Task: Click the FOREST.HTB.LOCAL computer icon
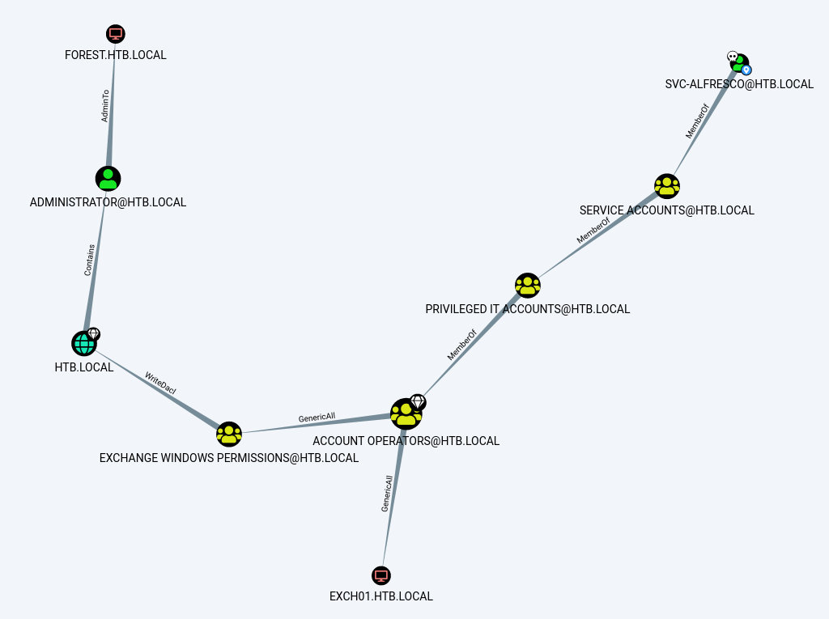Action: pyautogui.click(x=116, y=34)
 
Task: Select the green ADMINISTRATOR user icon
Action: pyautogui.click(x=108, y=178)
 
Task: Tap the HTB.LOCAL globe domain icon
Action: pyautogui.click(x=83, y=344)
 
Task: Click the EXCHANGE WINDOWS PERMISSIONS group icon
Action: pyautogui.click(x=229, y=434)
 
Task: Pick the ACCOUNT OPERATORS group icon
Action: pyautogui.click(x=406, y=414)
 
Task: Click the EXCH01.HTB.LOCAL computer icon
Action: pyautogui.click(x=381, y=575)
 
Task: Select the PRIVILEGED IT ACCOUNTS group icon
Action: pyautogui.click(x=527, y=285)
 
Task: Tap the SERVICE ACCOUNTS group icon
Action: pyautogui.click(x=666, y=186)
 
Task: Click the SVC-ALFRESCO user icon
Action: pyautogui.click(x=740, y=63)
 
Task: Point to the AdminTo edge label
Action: pyautogui.click(x=105, y=106)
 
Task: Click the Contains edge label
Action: pyautogui.click(x=90, y=260)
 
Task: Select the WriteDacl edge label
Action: pyautogui.click(x=160, y=383)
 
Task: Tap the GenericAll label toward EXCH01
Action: pyautogui.click(x=388, y=493)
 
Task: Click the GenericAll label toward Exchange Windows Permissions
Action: pyautogui.click(x=317, y=418)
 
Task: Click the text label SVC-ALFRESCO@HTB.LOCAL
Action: pyautogui.click(x=739, y=84)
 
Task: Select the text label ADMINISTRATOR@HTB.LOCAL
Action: pyautogui.click(x=108, y=202)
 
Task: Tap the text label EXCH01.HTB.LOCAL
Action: pyautogui.click(x=381, y=596)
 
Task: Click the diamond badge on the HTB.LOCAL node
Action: pyautogui.click(x=93, y=333)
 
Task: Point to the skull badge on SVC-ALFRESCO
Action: pyautogui.click(x=732, y=57)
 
